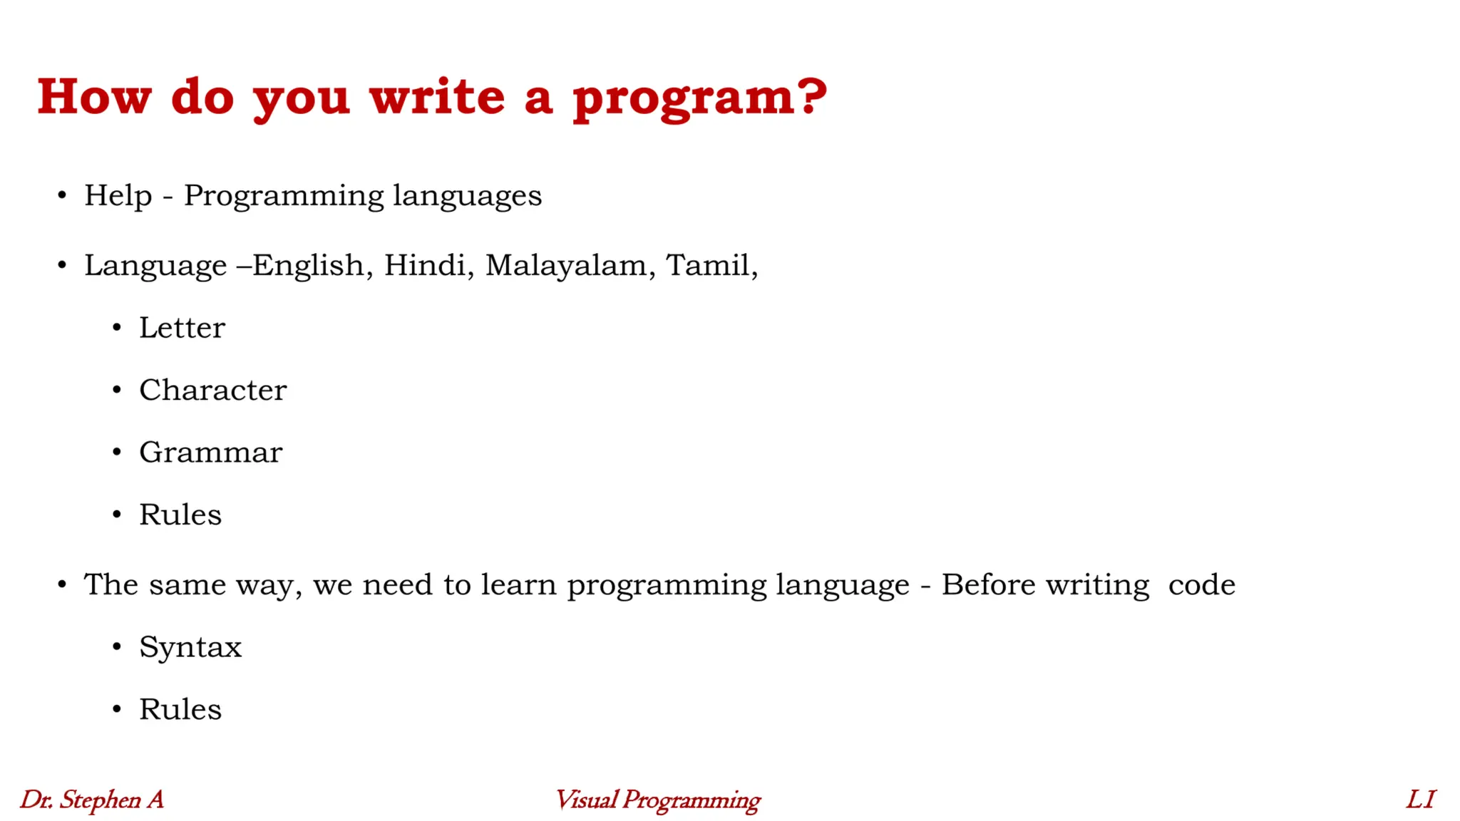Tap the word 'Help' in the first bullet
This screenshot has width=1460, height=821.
tap(118, 196)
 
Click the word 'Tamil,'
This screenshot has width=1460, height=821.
tap(711, 265)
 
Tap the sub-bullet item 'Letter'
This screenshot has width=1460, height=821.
tap(182, 328)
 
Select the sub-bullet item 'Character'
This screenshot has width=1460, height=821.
tap(212, 390)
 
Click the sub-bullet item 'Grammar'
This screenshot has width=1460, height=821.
tap(210, 453)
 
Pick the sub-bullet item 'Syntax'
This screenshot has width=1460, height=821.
tap(190, 647)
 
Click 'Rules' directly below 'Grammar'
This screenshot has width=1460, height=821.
tap(180, 515)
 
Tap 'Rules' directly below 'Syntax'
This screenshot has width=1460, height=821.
tap(180, 709)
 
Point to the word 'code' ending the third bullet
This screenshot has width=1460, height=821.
tap(1201, 584)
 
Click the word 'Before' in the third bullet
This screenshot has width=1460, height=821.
tap(988, 584)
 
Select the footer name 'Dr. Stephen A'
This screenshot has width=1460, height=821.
tap(92, 800)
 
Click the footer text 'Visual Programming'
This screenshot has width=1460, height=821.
tap(657, 800)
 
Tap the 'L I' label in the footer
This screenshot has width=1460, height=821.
tap(1420, 800)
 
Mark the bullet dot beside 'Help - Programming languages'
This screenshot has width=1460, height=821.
tap(62, 195)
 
